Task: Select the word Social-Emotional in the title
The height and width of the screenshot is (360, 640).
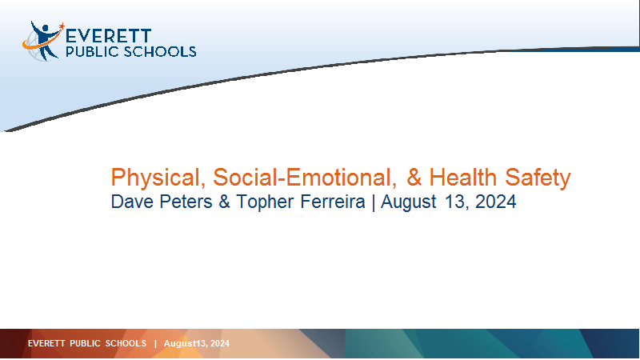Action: pyautogui.click(x=305, y=178)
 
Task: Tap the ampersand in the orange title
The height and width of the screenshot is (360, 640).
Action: pyautogui.click(x=414, y=178)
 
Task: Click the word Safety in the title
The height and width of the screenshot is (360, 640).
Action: pyautogui.click(x=538, y=178)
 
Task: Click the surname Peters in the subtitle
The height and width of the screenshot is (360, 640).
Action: pyautogui.click(x=186, y=202)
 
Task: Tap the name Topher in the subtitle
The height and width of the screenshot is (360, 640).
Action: pyautogui.click(x=265, y=202)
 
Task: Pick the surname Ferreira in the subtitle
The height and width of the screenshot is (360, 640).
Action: pyautogui.click(x=333, y=202)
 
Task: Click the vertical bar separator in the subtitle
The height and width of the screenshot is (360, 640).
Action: pyautogui.click(x=373, y=202)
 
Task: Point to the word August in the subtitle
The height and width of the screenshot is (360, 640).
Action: pyautogui.click(x=409, y=202)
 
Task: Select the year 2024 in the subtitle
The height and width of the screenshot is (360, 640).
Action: pyautogui.click(x=495, y=202)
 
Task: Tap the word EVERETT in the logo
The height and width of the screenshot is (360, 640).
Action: pyautogui.click(x=108, y=36)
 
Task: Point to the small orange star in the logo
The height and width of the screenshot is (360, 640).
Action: pyautogui.click(x=62, y=26)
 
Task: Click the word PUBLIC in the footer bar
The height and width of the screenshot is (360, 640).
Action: pyautogui.click(x=85, y=343)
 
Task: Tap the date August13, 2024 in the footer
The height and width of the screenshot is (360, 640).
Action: pyautogui.click(x=196, y=344)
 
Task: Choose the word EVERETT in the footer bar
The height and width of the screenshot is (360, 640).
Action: pyautogui.click(x=46, y=343)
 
